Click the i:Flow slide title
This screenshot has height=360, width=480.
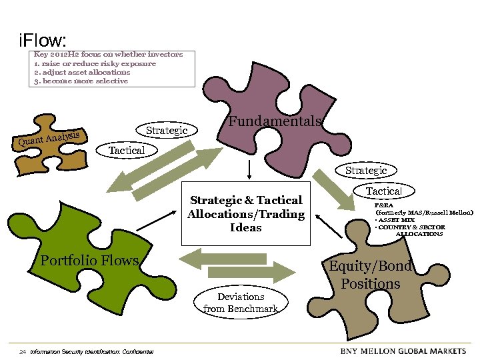(x=43, y=41)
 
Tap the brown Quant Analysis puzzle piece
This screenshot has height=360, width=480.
(x=53, y=143)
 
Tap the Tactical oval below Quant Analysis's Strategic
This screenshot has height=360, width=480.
(x=127, y=150)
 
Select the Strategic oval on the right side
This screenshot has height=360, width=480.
(x=366, y=171)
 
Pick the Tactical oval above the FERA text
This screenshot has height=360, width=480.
(x=383, y=191)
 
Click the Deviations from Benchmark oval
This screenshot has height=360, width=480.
(x=241, y=302)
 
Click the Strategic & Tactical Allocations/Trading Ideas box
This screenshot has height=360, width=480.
(x=246, y=213)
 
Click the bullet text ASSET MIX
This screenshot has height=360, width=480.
(x=401, y=219)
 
